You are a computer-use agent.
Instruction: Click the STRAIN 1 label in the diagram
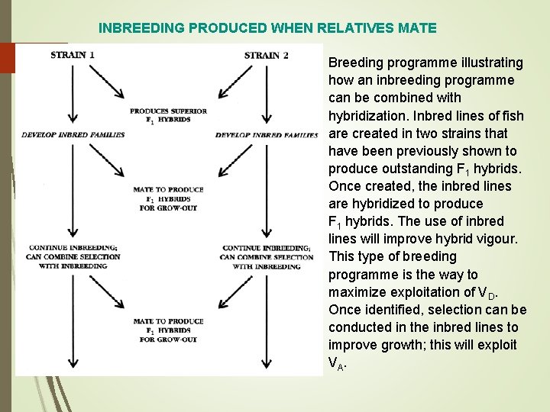(x=73, y=55)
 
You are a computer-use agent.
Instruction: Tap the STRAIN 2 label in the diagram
(x=266, y=55)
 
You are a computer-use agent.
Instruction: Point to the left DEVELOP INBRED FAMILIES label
(x=73, y=135)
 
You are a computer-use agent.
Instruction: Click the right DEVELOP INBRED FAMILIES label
(x=267, y=135)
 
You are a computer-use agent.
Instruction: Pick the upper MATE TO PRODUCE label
(x=169, y=189)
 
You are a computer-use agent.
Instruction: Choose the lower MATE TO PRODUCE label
(x=169, y=321)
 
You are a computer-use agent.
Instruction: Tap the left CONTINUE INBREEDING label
(x=73, y=247)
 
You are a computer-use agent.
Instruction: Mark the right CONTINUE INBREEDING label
(x=266, y=247)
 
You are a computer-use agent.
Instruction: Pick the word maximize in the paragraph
(x=352, y=291)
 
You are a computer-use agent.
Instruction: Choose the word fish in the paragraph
(x=513, y=115)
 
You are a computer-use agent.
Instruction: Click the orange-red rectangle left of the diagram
(x=8, y=58)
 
